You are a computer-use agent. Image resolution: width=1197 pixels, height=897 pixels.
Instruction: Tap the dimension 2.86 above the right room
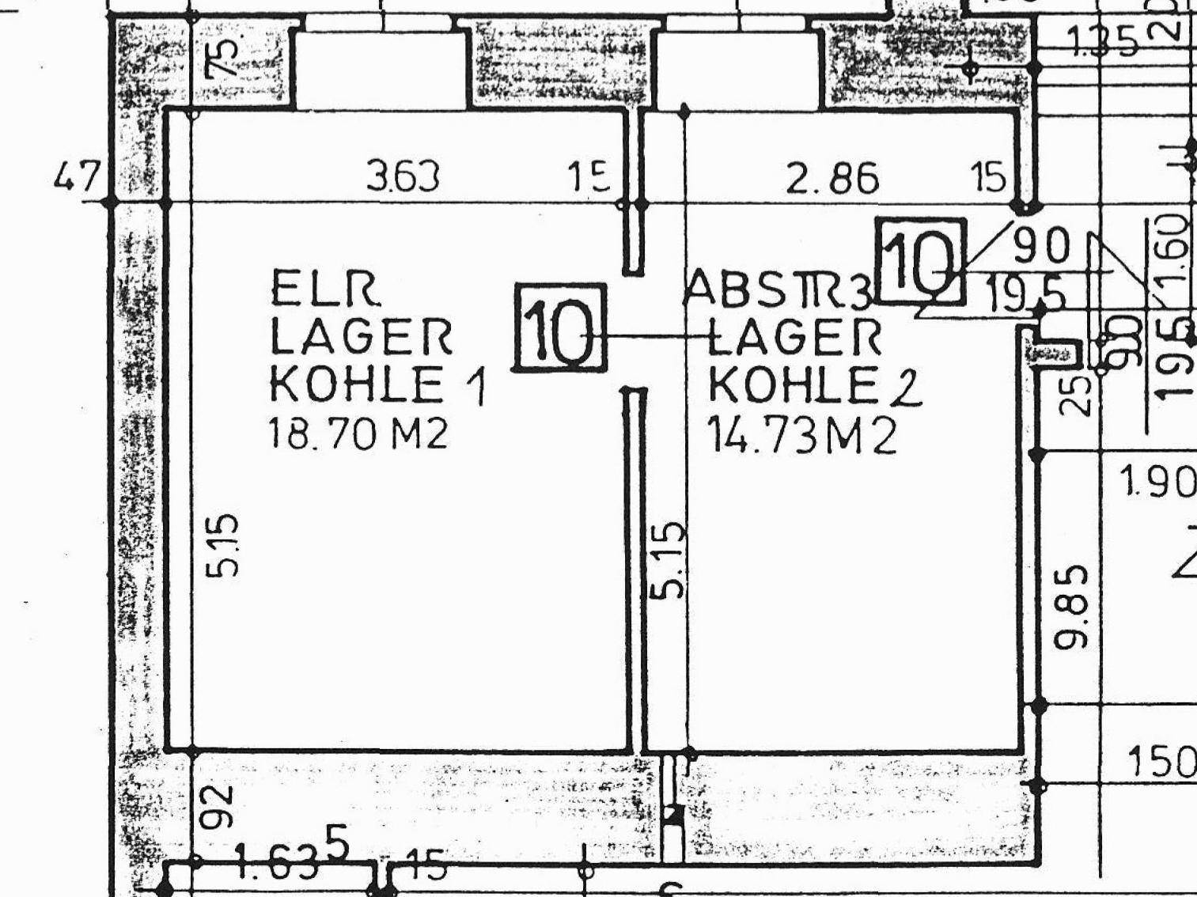[832, 179]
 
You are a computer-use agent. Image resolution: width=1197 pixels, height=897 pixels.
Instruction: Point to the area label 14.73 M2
[801, 436]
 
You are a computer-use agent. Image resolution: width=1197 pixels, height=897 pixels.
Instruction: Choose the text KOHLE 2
[814, 388]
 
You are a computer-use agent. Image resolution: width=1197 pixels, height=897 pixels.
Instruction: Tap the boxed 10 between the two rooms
[560, 328]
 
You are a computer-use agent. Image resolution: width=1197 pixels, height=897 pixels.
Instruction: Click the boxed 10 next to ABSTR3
[921, 260]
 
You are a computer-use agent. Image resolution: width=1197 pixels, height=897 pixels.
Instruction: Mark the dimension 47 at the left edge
[77, 176]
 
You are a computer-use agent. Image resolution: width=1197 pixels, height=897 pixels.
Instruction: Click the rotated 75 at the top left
[222, 57]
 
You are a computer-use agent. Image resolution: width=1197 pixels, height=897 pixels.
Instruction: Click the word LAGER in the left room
[362, 338]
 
